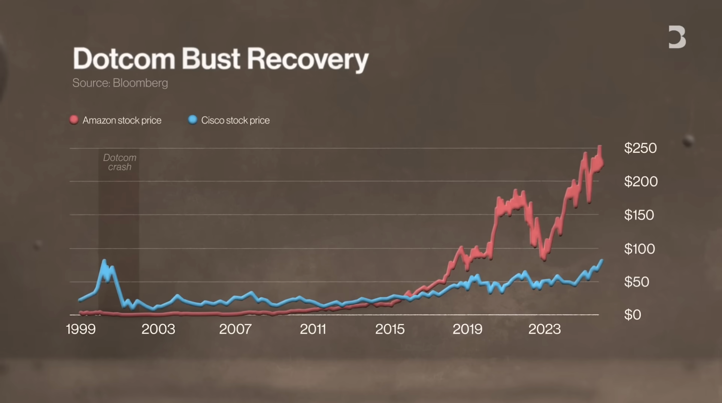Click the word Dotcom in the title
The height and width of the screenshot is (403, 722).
pos(124,59)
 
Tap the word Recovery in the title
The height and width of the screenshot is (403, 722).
pos(307,59)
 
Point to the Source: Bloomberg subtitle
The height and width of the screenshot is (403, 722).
pos(120,83)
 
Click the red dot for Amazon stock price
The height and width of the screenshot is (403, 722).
pos(74,120)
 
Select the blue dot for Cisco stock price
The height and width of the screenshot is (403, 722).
pos(192,120)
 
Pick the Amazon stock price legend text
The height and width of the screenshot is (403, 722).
pos(122,120)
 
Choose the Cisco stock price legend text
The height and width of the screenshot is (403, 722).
pos(235,120)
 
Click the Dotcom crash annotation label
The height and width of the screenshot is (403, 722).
pos(120,162)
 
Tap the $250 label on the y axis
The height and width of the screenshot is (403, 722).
pos(640,148)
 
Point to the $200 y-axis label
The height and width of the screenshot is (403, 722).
pos(640,182)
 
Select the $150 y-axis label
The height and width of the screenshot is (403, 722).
pos(639,215)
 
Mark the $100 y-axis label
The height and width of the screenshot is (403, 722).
pos(639,249)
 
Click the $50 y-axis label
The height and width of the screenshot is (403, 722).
pos(636,282)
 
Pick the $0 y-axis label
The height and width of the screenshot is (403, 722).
pos(632,315)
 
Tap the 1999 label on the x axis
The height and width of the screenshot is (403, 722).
pos(81,329)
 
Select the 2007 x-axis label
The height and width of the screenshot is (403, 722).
pos(235,329)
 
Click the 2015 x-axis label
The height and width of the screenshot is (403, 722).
pos(390,329)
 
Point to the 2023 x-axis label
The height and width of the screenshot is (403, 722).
pos(544,329)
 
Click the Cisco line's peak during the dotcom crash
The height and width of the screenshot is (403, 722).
pos(104,260)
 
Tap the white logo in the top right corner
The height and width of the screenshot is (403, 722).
pos(677,37)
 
